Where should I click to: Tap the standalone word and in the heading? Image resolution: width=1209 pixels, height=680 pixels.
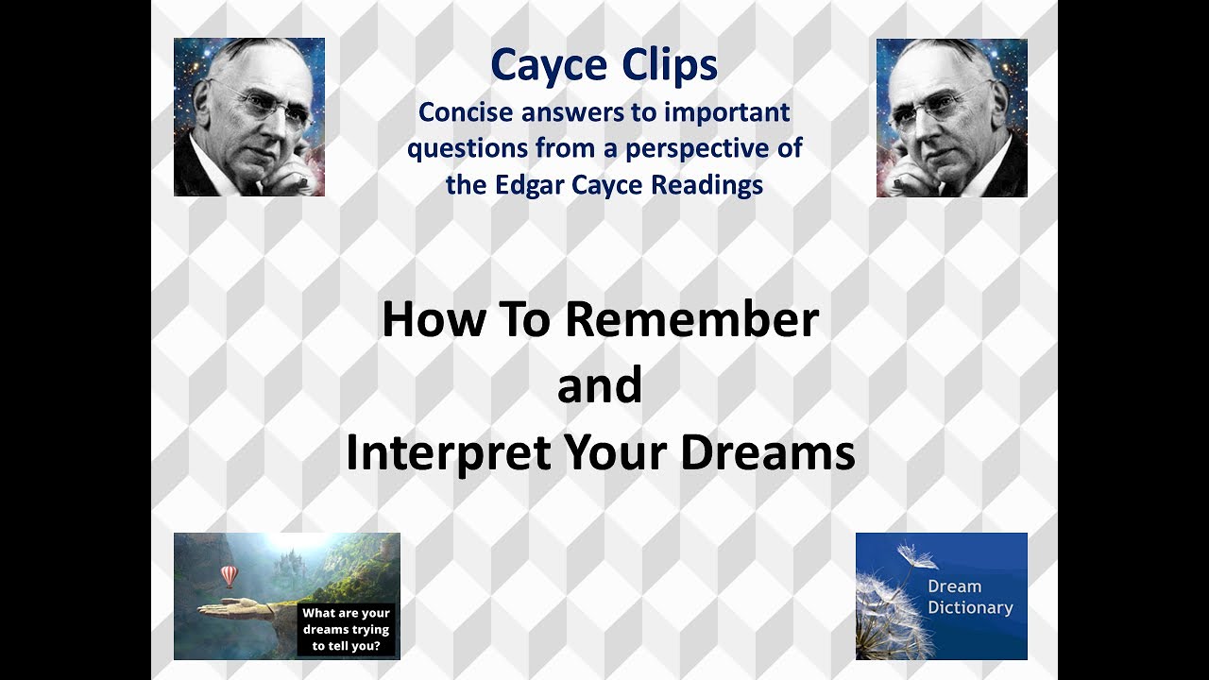coord(600,386)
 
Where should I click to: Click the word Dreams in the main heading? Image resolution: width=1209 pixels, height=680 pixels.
coord(767,453)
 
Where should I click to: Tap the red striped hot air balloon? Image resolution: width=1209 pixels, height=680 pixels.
coord(229,575)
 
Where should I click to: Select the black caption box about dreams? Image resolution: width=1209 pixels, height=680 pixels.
coord(346,629)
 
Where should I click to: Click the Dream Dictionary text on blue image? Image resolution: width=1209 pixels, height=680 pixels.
coord(969,597)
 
